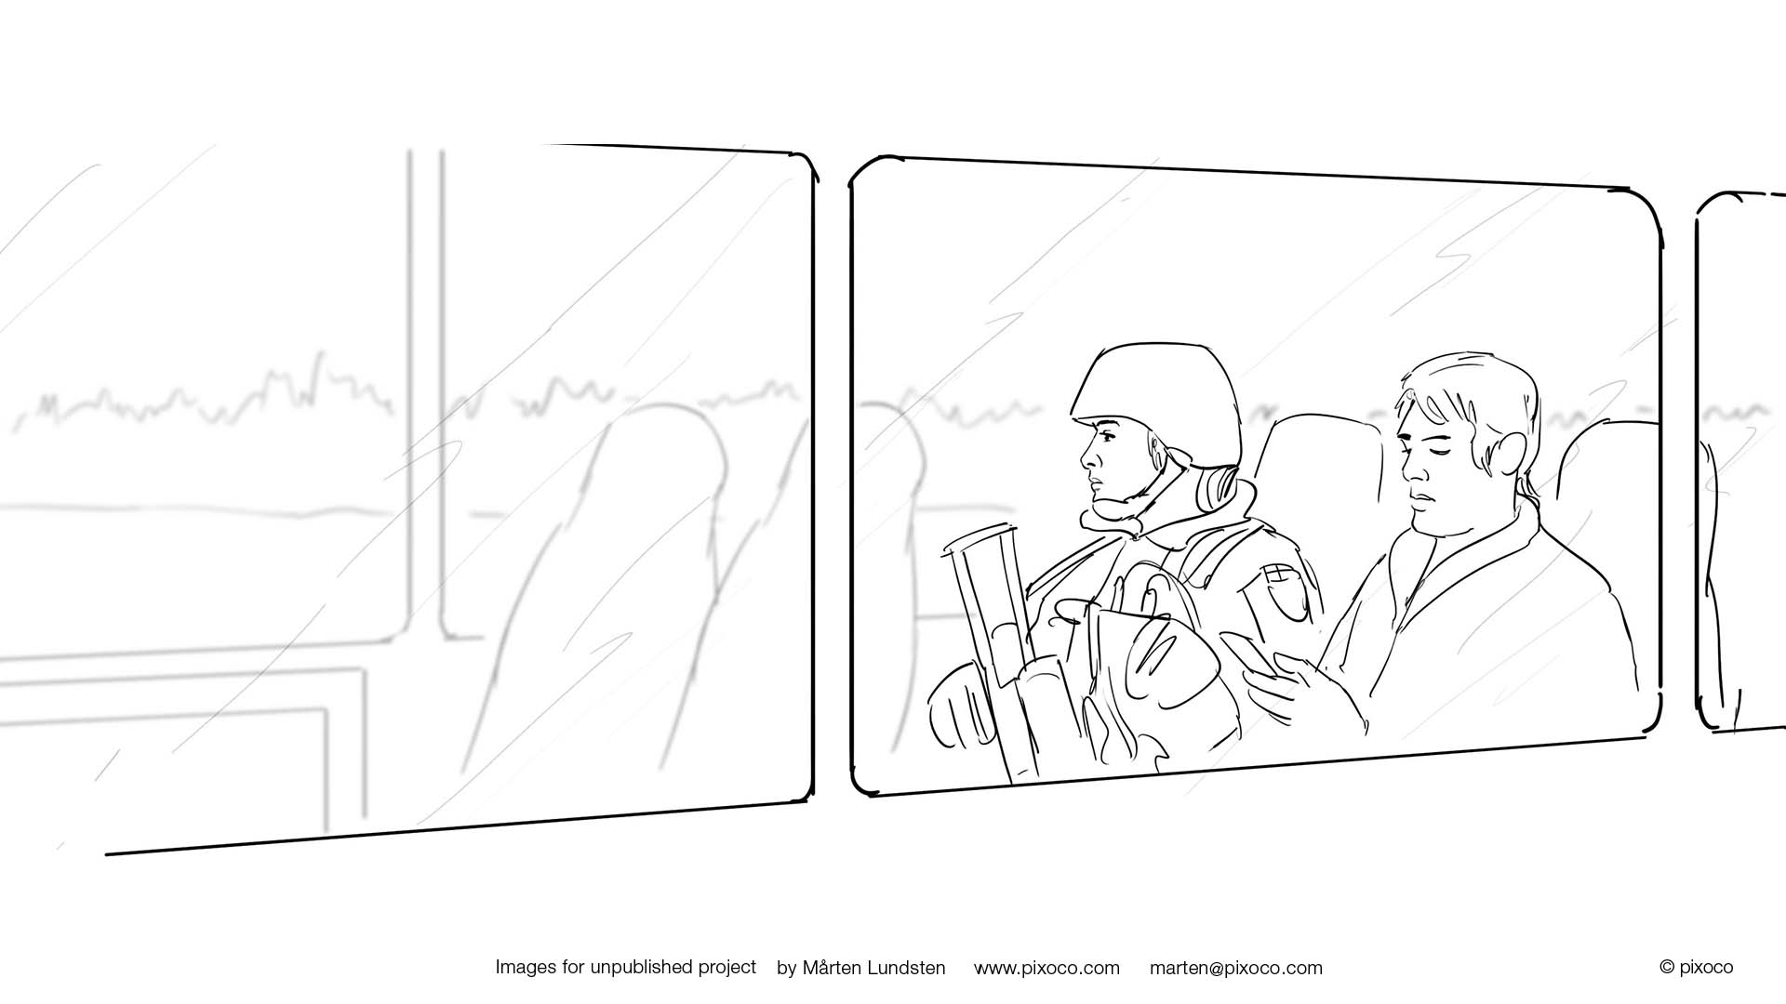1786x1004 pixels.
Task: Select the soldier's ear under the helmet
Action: (1157, 456)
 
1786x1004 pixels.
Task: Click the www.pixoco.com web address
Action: (1046, 969)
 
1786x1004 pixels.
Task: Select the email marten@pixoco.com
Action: (1235, 969)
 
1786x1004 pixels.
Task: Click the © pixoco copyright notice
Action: (1696, 968)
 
